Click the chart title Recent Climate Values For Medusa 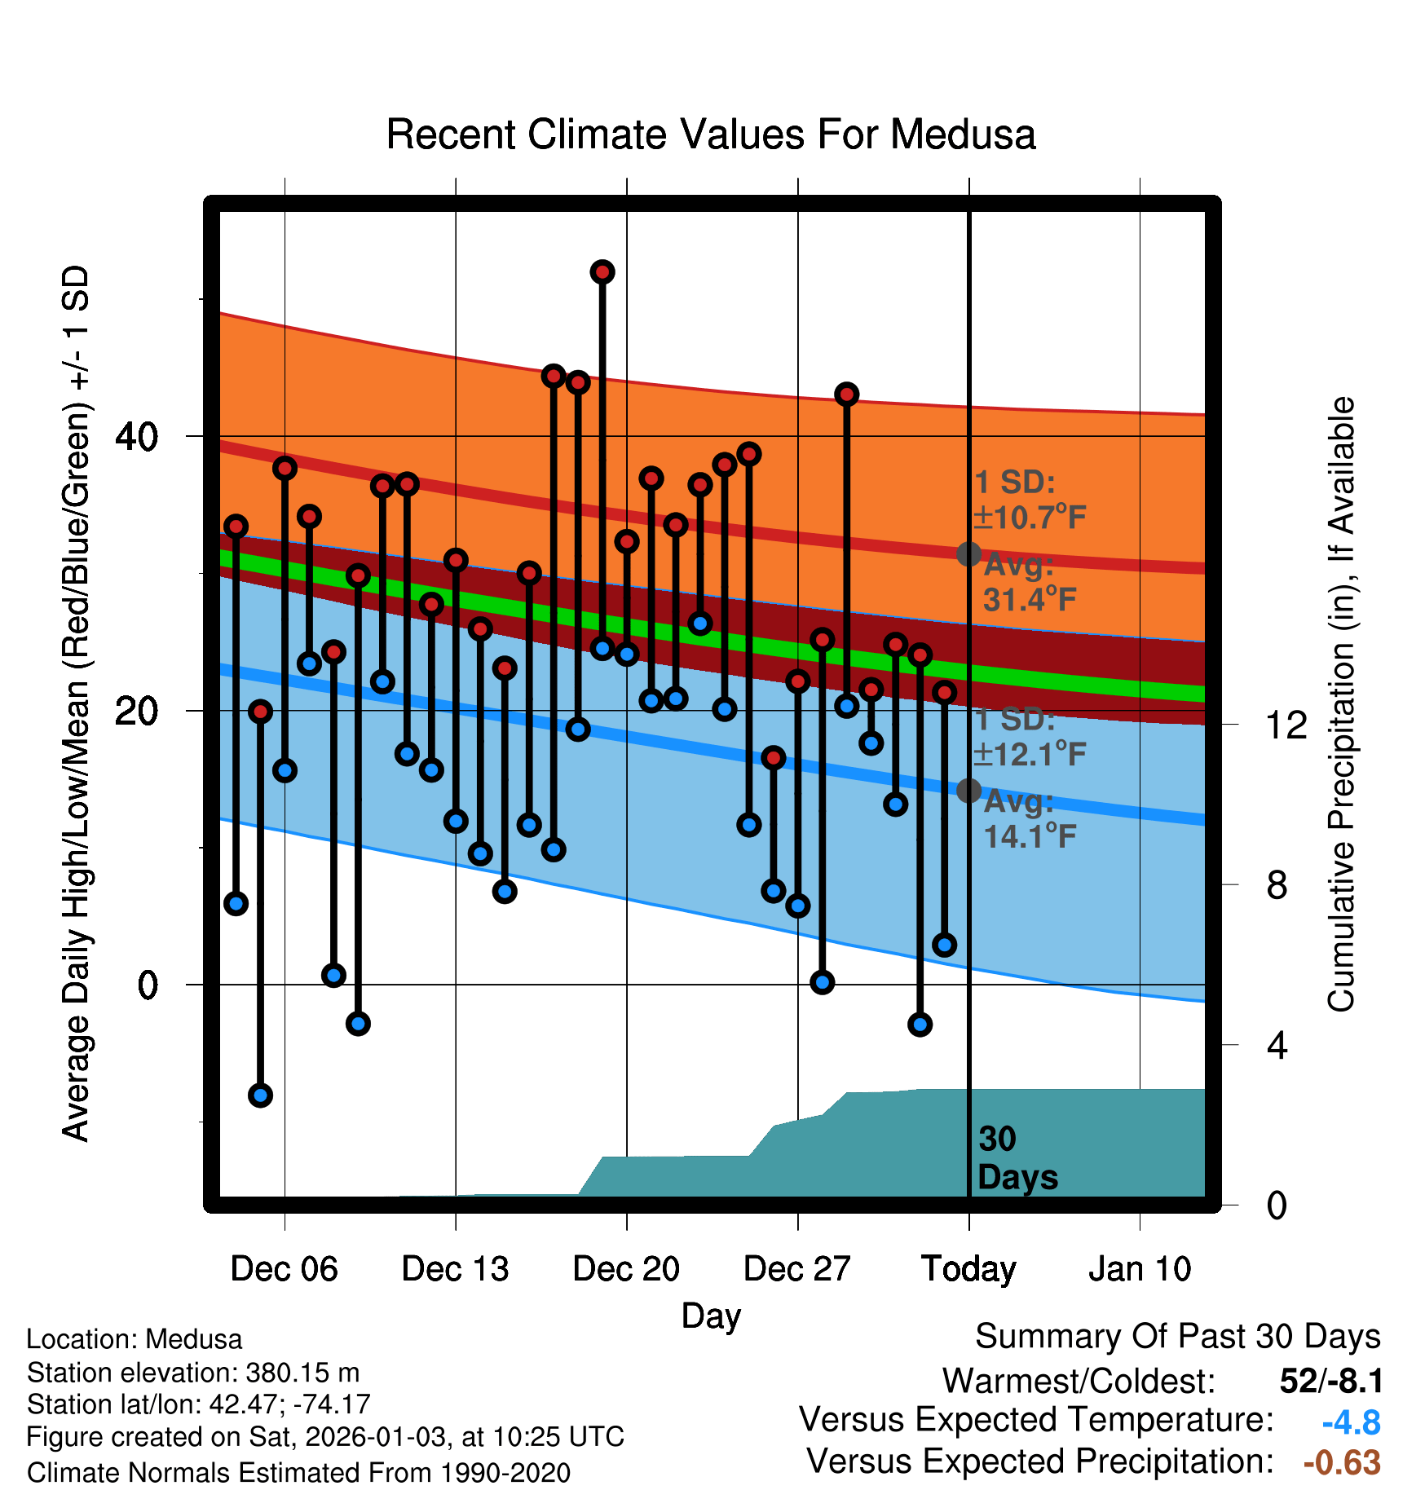pyautogui.click(x=711, y=134)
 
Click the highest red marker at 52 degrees pyautogui.click(x=602, y=272)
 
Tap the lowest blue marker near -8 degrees pyautogui.click(x=260, y=1095)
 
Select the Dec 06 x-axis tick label pyautogui.click(x=284, y=1269)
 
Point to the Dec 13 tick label pyautogui.click(x=455, y=1269)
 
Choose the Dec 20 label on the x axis pyautogui.click(x=626, y=1269)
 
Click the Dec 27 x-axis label pyautogui.click(x=797, y=1269)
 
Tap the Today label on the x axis pyautogui.click(x=968, y=1269)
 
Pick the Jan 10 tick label pyautogui.click(x=1140, y=1269)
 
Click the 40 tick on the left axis pyautogui.click(x=136, y=437)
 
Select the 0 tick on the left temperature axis pyautogui.click(x=148, y=985)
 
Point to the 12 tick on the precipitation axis pyautogui.click(x=1286, y=725)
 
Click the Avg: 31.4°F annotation pyautogui.click(x=1029, y=583)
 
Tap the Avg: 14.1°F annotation pyautogui.click(x=1029, y=819)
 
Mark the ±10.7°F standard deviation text pyautogui.click(x=1030, y=517)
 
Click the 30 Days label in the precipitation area pyautogui.click(x=1017, y=1158)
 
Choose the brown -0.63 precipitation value pyautogui.click(x=1342, y=1462)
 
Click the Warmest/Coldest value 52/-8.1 pyautogui.click(x=1331, y=1381)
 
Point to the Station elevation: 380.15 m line pyautogui.click(x=193, y=1373)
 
